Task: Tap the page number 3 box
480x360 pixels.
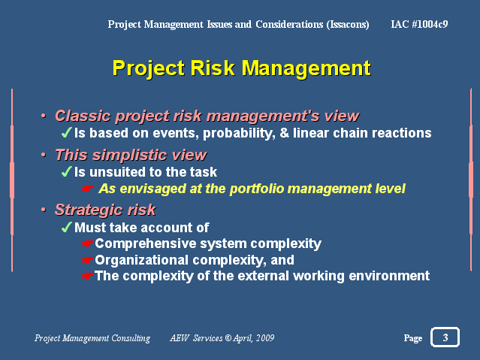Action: tap(445, 337)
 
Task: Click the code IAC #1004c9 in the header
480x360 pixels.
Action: tap(419, 24)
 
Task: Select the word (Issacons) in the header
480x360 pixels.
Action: tap(348, 24)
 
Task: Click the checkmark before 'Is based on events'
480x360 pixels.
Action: tap(66, 132)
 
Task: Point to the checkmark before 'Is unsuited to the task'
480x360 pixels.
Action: tap(66, 171)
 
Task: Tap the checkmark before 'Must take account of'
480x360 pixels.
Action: tap(66, 227)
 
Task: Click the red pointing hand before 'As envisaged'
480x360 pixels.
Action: tap(88, 189)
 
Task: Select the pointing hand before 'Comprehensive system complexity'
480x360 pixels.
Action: tap(88, 244)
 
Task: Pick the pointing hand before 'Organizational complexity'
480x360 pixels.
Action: tap(88, 260)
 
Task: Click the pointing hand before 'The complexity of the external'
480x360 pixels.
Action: tap(88, 276)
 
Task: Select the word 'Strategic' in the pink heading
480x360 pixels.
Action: tap(89, 210)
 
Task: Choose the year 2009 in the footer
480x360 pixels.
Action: tap(265, 338)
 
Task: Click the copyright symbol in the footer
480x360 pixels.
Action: tap(228, 338)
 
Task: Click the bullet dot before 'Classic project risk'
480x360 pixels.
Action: tap(44, 116)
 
